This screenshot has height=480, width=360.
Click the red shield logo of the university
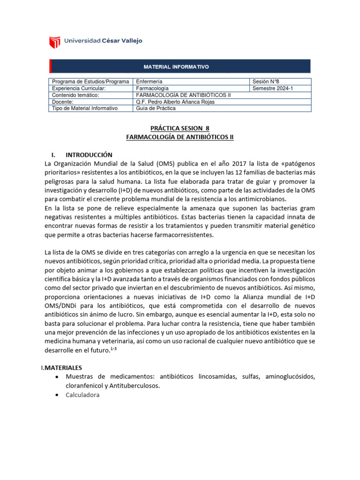click(x=55, y=41)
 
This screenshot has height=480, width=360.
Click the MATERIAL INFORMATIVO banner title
click(x=180, y=67)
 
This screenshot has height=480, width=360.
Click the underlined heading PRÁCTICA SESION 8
click(x=180, y=128)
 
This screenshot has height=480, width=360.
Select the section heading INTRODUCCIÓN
click(x=89, y=155)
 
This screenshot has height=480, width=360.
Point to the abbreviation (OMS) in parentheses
click(x=163, y=163)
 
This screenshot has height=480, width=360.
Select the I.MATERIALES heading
click(x=61, y=368)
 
